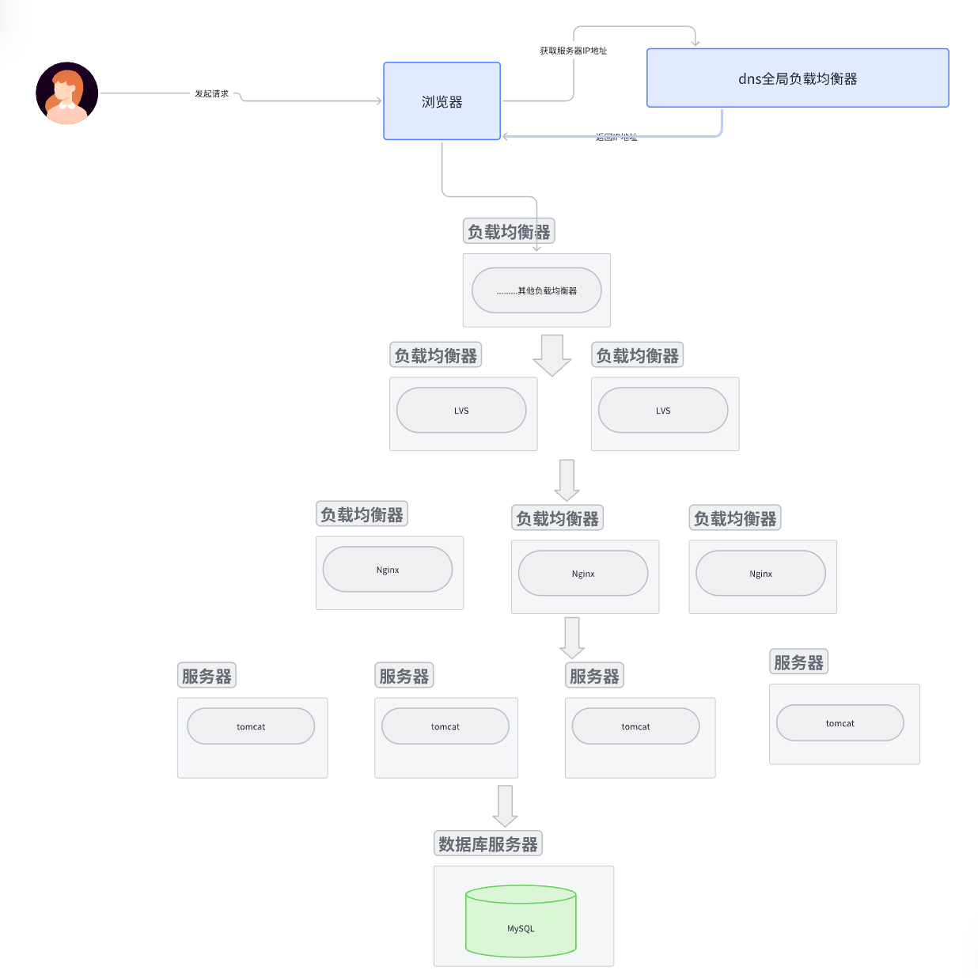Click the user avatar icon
point(67,93)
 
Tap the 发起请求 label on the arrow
point(211,93)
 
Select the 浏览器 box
point(442,101)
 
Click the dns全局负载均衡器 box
point(798,78)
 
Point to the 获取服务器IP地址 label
point(574,51)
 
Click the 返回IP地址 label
point(616,137)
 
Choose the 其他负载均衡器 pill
point(536,290)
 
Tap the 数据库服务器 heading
point(488,844)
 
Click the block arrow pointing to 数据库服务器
point(505,806)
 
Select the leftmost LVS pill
point(461,411)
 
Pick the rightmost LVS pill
point(663,411)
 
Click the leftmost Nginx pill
point(388,570)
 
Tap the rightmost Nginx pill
point(760,574)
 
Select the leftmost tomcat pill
point(251,726)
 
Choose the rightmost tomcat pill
point(840,723)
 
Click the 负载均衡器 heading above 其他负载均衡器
point(508,232)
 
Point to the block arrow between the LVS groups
point(552,354)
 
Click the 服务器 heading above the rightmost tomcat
point(798,662)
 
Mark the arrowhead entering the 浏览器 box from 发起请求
point(379,100)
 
